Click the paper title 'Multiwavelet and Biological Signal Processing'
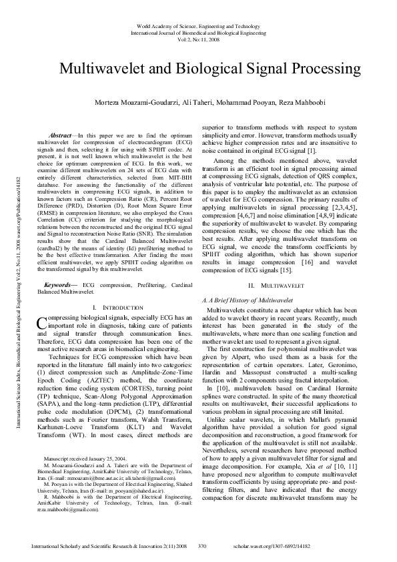(x=210, y=69)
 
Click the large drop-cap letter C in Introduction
(x=41, y=342)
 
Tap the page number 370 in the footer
(x=204, y=545)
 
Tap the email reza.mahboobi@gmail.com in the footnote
(x=67, y=508)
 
